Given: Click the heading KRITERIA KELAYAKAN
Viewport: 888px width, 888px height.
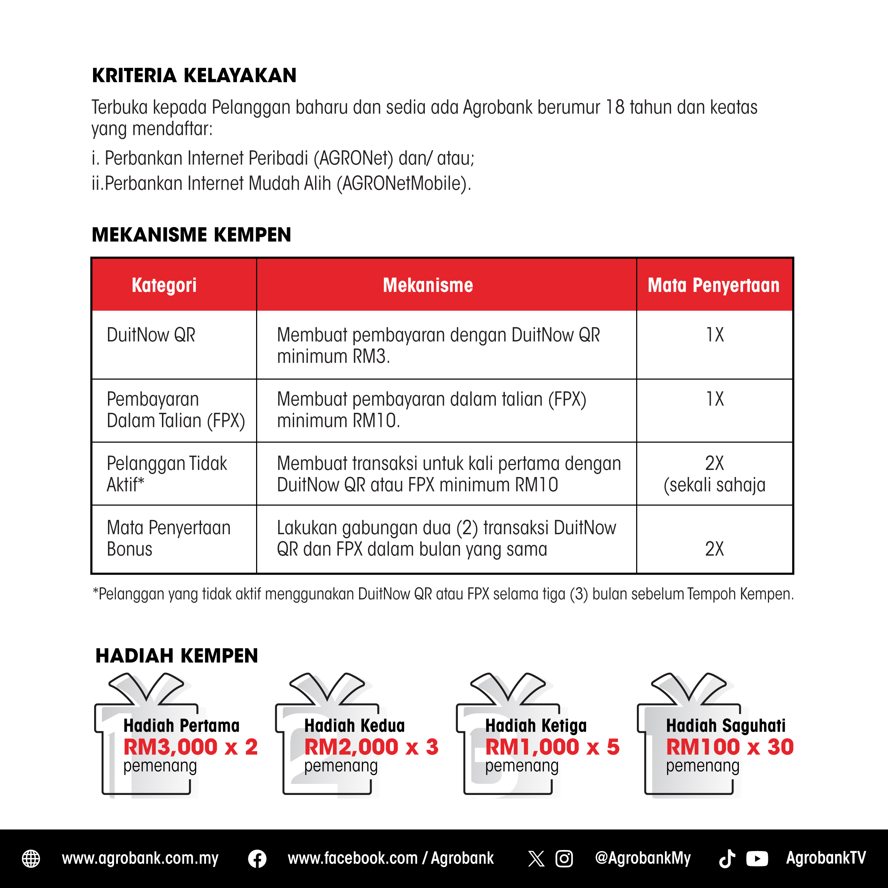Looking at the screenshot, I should click(x=194, y=75).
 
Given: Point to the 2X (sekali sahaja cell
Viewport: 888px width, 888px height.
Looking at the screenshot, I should click(x=714, y=474).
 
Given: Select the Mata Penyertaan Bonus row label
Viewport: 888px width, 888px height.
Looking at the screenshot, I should click(x=168, y=538).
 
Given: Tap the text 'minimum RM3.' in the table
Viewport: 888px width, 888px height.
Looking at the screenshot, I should click(x=333, y=357).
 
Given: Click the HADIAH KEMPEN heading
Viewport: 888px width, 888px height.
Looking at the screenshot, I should click(x=177, y=656).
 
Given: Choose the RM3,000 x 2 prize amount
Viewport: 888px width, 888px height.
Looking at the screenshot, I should click(x=190, y=747).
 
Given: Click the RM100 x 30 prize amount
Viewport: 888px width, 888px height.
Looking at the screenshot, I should click(x=730, y=747).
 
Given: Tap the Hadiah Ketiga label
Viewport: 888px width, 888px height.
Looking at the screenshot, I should click(x=536, y=726).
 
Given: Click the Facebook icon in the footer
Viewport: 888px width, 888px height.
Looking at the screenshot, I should click(x=257, y=859).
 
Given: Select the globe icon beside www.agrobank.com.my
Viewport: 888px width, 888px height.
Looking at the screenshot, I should click(x=31, y=859).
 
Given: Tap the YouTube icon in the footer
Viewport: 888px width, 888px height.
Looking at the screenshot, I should click(x=757, y=859).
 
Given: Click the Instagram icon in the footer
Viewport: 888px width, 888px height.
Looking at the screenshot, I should click(x=564, y=859).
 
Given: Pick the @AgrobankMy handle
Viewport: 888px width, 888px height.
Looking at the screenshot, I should click(x=643, y=858).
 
